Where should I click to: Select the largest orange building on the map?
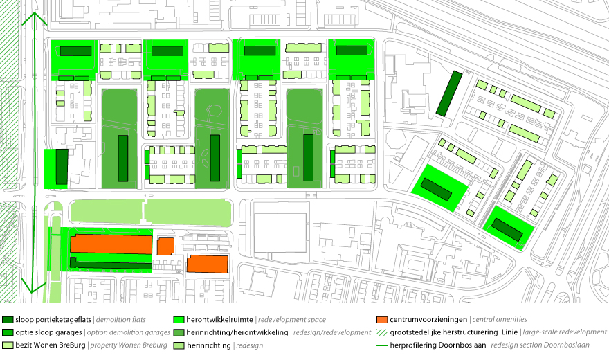pyautogui.click(x=111, y=244)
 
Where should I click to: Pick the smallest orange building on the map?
pyautogui.click(x=165, y=246)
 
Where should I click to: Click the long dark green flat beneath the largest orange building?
pyautogui.click(x=111, y=264)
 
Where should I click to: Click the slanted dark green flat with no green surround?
pyautogui.click(x=448, y=93)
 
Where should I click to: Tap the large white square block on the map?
pyautogui.click(x=280, y=232)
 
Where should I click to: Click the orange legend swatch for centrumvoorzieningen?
pyautogui.click(x=382, y=320)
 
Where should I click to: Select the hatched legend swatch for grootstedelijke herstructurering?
pyautogui.click(x=382, y=332)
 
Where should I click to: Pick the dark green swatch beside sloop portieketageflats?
pyautogui.click(x=8, y=320)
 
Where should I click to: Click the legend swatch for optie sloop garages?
pyautogui.click(x=8, y=332)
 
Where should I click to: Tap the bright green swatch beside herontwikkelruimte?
pyautogui.click(x=179, y=320)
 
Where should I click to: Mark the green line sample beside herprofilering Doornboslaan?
pyautogui.click(x=382, y=345)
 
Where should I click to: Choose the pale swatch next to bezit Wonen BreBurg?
pyautogui.click(x=8, y=345)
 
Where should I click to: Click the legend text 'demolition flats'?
pyautogui.click(x=121, y=320)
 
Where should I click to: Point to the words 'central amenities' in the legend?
pyautogui.click(x=500, y=319)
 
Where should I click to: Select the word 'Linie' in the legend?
pyautogui.click(x=509, y=332)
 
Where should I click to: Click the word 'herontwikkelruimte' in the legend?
pyautogui.click(x=219, y=320)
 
